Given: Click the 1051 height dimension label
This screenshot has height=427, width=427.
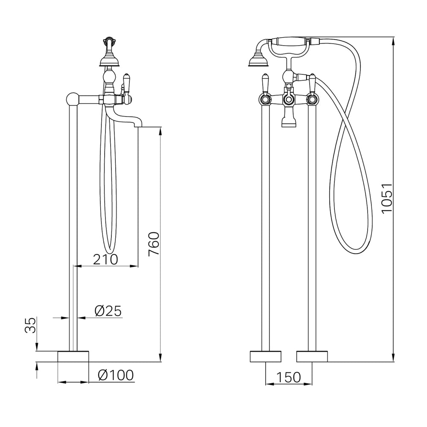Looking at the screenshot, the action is pos(387,199).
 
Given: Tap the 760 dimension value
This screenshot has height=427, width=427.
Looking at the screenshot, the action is pos(154,244).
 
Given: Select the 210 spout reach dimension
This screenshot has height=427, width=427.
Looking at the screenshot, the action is pos(105,259).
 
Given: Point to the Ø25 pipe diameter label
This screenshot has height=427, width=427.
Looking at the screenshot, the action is pos(108,311).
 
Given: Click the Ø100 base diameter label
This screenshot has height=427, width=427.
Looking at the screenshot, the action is pos(116,375).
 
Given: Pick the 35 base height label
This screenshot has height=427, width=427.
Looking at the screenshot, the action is pos(30,325).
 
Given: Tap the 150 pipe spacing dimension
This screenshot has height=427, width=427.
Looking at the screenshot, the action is pos(289,377).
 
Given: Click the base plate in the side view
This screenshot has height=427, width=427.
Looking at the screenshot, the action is pos(73,357).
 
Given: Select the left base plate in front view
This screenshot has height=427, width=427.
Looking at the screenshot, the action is pos(266,357).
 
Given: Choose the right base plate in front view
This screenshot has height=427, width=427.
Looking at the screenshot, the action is pos(312,357).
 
